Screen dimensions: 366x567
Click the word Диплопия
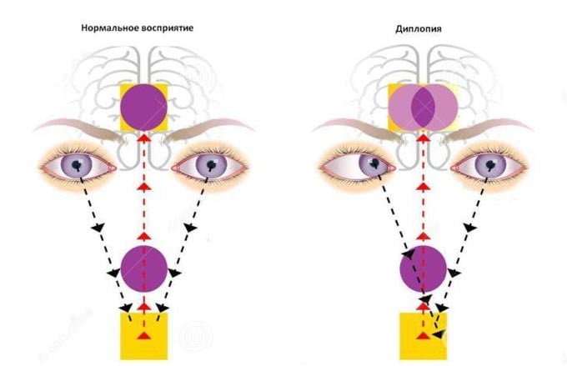tap(419, 28)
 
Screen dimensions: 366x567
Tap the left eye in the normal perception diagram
tap(79, 167)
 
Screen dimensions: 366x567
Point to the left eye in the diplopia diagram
tap(359, 165)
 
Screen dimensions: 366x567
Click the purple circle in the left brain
tap(144, 107)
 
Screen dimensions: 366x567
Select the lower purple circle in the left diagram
tap(144, 267)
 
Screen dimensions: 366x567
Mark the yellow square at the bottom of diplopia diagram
tap(421, 335)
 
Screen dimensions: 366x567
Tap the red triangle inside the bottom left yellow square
tap(144, 335)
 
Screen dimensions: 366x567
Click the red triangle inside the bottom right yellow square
tap(424, 335)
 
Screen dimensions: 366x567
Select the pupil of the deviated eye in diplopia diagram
tap(376, 163)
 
